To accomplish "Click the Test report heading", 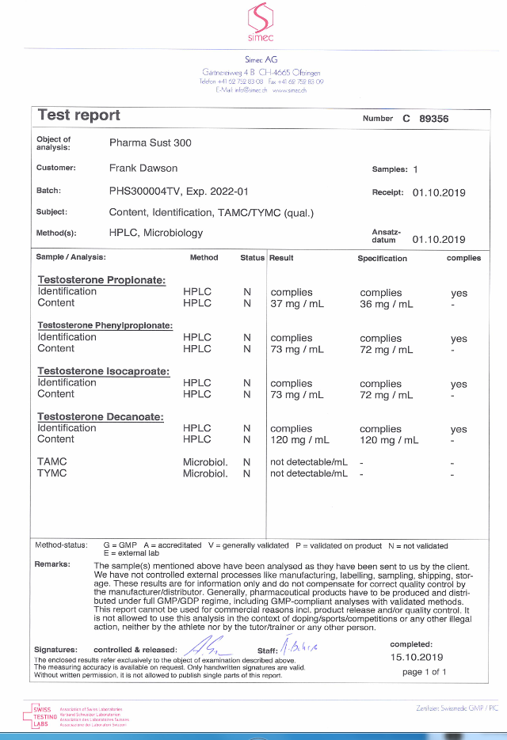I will pyautogui.click(x=79, y=116).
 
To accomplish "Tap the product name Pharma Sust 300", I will pyautogui.click(x=150, y=143).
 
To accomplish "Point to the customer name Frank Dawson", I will pyautogui.click(x=143, y=168).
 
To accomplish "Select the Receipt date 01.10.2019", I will pyautogui.click(x=439, y=192).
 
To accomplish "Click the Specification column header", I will pyautogui.click(x=382, y=258).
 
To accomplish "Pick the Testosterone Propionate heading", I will pyautogui.click(x=101, y=280).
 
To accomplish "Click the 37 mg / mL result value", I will pyautogui.click(x=297, y=304).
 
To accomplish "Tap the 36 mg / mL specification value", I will pyautogui.click(x=387, y=304).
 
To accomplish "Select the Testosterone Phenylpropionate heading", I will pyautogui.click(x=105, y=325).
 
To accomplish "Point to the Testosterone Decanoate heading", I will pyautogui.click(x=101, y=416).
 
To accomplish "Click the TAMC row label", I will pyautogui.click(x=52, y=461).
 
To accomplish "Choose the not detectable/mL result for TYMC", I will pyautogui.click(x=309, y=473).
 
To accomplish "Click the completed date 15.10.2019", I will pyautogui.click(x=417, y=658).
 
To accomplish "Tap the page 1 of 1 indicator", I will pyautogui.click(x=425, y=672).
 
